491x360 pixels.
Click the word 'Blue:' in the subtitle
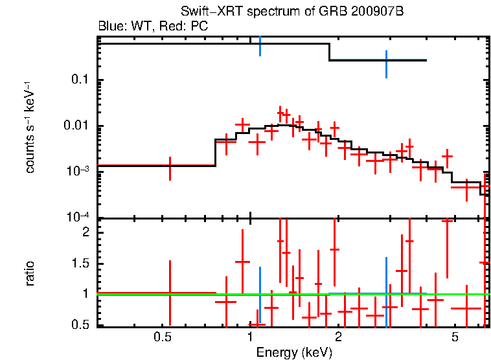(111, 27)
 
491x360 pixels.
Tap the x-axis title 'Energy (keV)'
(294, 353)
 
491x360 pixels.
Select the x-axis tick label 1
(251, 337)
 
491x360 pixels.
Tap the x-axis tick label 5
(455, 337)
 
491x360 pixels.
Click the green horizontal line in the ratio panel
(194, 294)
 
